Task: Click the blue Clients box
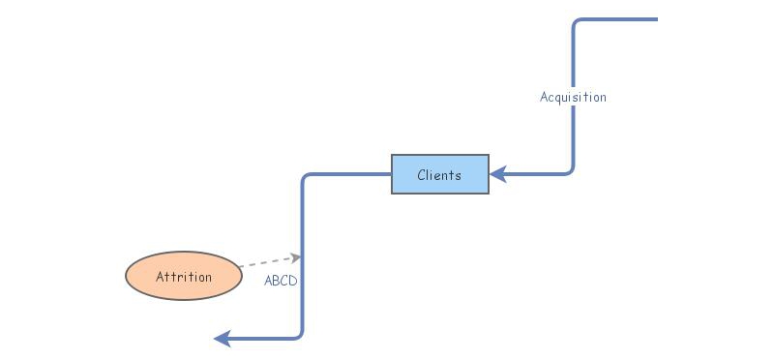(440, 174)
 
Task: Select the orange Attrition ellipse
(183, 277)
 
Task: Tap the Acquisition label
(573, 97)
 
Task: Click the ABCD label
(281, 281)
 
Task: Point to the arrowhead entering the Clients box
(497, 174)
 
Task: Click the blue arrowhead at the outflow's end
(222, 338)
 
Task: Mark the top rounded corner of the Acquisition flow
(577, 22)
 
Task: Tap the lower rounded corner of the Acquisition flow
(570, 170)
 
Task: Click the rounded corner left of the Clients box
(307, 178)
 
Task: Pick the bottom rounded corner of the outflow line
(299, 334)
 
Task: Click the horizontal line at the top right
(619, 19)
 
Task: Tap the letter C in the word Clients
(422, 175)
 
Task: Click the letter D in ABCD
(293, 281)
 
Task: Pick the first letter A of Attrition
(161, 277)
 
